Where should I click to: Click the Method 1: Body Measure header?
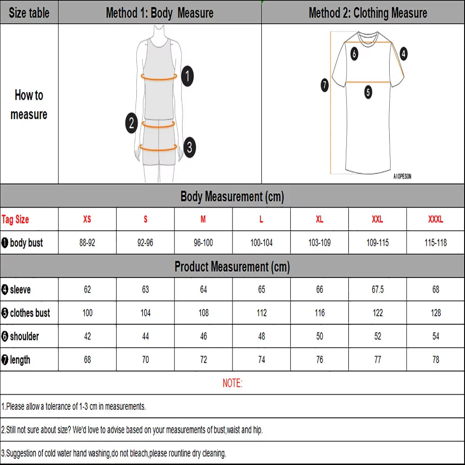click(x=159, y=13)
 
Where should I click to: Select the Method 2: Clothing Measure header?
click(x=368, y=13)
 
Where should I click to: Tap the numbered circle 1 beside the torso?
click(x=187, y=76)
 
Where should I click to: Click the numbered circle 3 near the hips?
click(x=189, y=148)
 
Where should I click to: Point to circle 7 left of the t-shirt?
click(x=325, y=85)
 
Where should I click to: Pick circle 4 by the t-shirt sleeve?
click(x=403, y=53)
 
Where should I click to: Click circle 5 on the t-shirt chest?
click(x=368, y=92)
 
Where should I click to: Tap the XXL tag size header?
click(x=378, y=219)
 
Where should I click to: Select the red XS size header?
click(x=87, y=219)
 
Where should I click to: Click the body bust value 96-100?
click(x=203, y=243)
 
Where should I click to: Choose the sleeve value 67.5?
click(x=378, y=290)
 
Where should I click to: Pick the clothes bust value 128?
click(x=436, y=313)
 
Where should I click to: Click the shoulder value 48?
click(x=261, y=336)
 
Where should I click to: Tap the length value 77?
click(x=378, y=359)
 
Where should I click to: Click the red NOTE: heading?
click(x=232, y=383)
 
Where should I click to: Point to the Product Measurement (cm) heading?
click(x=232, y=267)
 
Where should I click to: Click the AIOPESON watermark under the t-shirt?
click(x=402, y=177)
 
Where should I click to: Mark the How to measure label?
click(x=29, y=105)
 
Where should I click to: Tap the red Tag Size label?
click(x=15, y=219)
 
